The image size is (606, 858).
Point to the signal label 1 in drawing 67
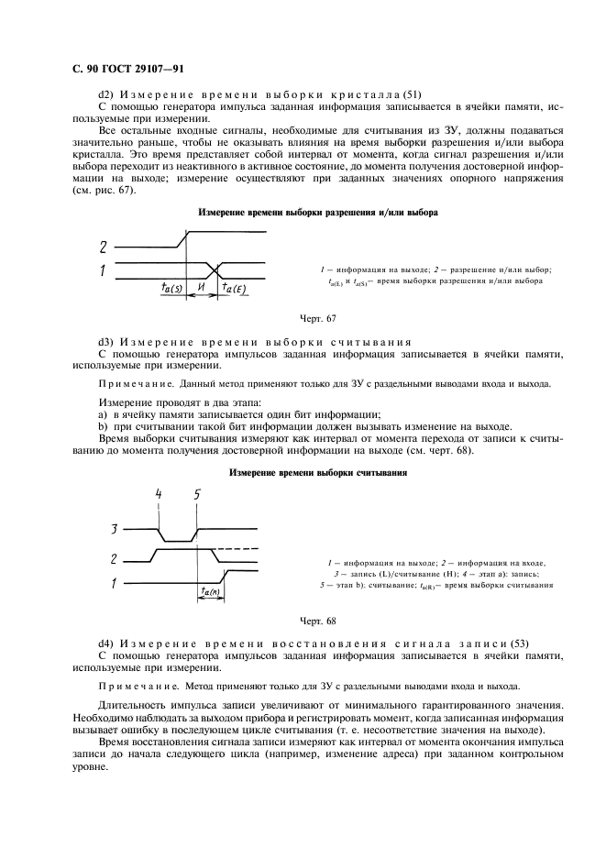pyautogui.click(x=104, y=270)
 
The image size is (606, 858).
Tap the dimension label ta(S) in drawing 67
pyautogui.click(x=172, y=287)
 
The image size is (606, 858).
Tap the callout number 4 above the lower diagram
pyautogui.click(x=159, y=496)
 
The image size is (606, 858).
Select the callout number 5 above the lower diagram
pyautogui.click(x=196, y=496)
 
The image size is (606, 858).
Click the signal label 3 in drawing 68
pyautogui.click(x=115, y=529)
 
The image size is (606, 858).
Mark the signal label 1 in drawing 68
pyautogui.click(x=114, y=581)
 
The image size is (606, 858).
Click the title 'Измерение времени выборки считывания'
pyautogui.click(x=317, y=473)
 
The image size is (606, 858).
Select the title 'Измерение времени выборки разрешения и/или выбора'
pyautogui.click(x=317, y=213)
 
